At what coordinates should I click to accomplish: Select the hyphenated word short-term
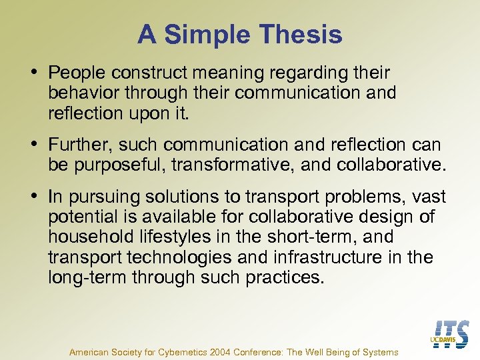[x=306, y=237]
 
